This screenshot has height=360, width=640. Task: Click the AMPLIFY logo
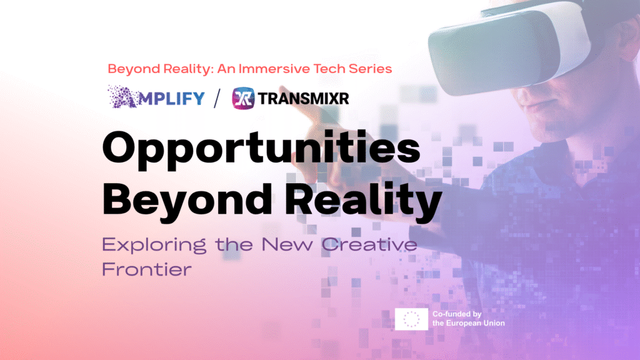156,97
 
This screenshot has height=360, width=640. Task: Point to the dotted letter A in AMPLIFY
122,97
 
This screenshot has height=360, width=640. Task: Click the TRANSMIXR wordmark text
304,98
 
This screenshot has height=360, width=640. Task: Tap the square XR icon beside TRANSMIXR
243,98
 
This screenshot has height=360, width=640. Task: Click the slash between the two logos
217,98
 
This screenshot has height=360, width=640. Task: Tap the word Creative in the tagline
369,244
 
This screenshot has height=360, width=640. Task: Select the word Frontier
147,269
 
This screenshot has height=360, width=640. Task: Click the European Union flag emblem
411,319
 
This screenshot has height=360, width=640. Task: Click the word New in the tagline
287,244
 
